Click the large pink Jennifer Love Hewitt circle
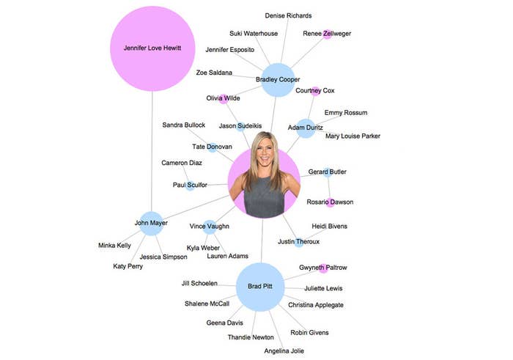152,48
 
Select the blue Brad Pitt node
260,287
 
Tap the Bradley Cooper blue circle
278,80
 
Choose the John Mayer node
152,224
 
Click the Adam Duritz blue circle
306,128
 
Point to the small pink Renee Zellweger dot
327,34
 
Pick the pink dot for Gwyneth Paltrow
323,268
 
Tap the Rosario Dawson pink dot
330,202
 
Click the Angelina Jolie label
284,351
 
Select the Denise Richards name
288,15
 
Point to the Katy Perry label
128,266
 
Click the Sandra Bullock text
183,125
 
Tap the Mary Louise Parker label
353,136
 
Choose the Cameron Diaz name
182,163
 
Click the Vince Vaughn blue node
210,227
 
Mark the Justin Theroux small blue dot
299,242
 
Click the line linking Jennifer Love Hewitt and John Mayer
152,151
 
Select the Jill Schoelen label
199,283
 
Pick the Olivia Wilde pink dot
224,99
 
